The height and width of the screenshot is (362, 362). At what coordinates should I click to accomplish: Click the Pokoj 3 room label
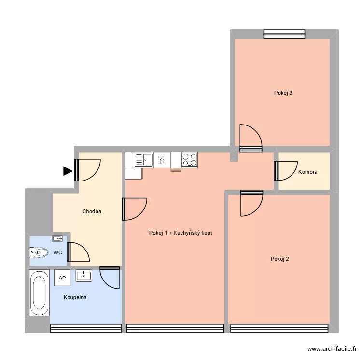(283, 93)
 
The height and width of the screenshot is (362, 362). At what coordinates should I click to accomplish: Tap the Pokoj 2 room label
(280, 259)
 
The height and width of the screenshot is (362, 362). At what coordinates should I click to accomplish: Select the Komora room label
(308, 172)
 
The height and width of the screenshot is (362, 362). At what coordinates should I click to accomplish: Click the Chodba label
(92, 211)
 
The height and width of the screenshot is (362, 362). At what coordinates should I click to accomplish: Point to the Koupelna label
(75, 297)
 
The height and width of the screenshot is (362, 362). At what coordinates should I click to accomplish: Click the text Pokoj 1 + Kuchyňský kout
(181, 233)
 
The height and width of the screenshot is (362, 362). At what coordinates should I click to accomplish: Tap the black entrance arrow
(67, 170)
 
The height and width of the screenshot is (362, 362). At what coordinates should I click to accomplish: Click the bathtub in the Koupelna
(39, 293)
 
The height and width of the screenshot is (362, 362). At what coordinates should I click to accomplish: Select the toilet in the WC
(39, 252)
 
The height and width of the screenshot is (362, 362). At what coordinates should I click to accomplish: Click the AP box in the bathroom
(62, 278)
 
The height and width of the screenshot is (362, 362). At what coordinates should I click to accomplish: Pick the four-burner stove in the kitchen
(190, 159)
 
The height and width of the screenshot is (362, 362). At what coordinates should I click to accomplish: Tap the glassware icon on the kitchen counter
(161, 159)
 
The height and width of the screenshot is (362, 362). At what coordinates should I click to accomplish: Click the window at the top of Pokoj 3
(284, 34)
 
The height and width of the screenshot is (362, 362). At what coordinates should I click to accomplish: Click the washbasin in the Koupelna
(84, 276)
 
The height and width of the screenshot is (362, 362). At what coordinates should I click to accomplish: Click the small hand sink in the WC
(58, 238)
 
